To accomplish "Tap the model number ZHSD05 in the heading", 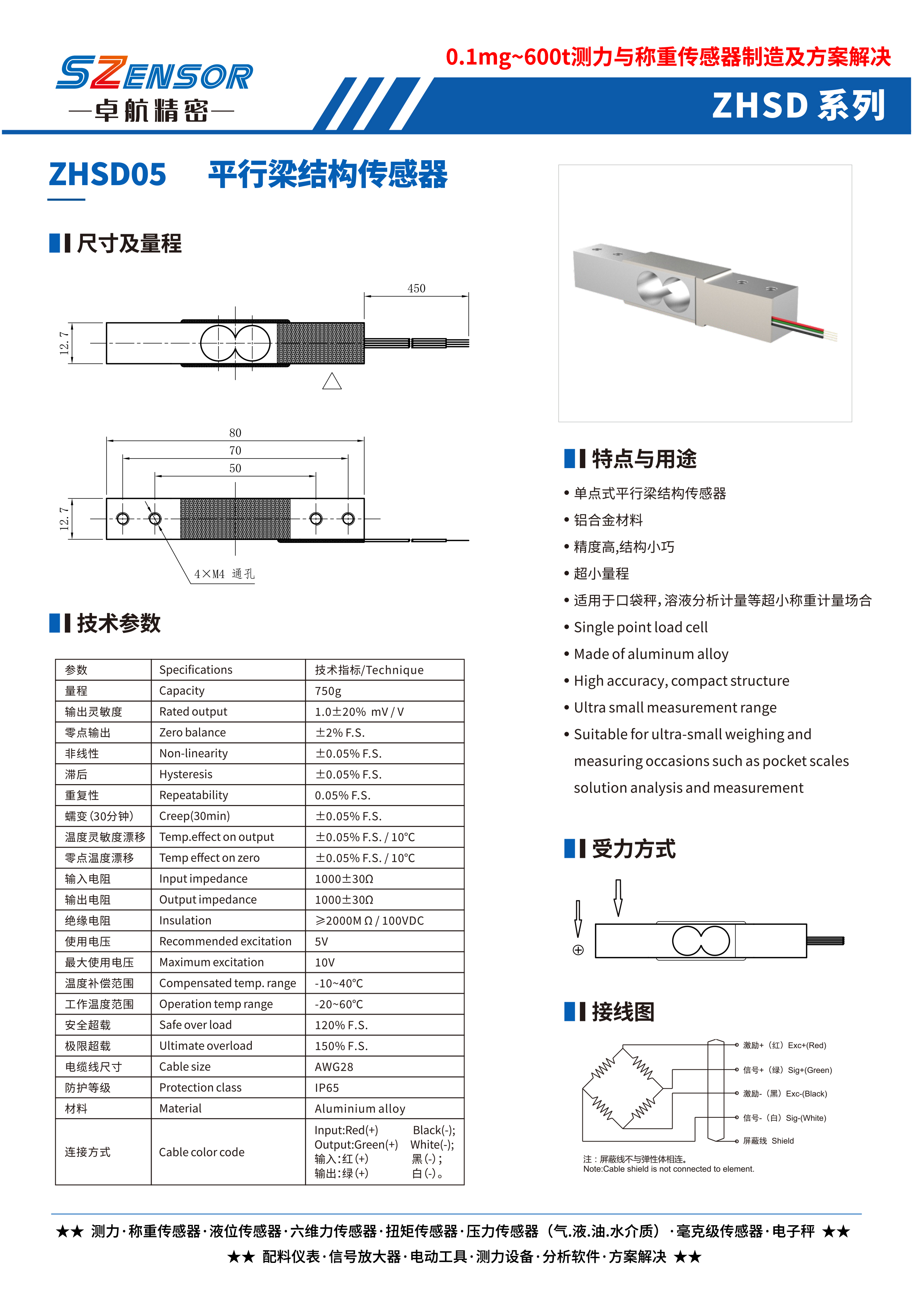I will click(107, 174).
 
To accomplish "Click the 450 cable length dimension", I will click(416, 288).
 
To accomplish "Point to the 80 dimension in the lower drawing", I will click(235, 433).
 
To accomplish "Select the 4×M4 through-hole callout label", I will click(224, 574).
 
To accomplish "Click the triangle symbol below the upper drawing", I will click(332, 382).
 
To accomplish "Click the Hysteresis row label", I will click(185, 774).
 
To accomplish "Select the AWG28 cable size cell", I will click(334, 1067).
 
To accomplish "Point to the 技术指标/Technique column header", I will click(369, 670).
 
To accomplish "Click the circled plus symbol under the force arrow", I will click(578, 950).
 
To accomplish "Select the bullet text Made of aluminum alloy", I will click(651, 654).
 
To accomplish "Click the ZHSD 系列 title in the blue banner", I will click(798, 105).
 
